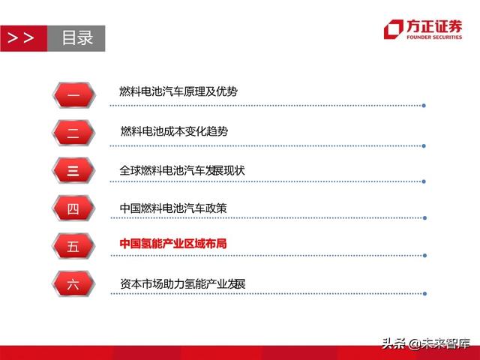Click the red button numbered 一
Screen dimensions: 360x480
coord(73,94)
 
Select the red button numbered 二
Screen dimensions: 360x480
coord(73,133)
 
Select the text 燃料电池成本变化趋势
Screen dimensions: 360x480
coord(174,131)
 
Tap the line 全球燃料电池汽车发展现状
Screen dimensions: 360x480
coord(182,170)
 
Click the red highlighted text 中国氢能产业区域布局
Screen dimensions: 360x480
coord(173,244)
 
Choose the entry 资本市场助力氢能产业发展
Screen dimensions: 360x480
coord(182,284)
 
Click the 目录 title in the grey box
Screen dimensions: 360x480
coord(77,37)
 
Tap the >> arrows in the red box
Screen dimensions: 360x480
coord(20,37)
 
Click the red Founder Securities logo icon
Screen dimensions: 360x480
coord(393,29)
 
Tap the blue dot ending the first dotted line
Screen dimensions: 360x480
coord(424,105)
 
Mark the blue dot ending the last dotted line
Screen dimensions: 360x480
coord(424,293)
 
